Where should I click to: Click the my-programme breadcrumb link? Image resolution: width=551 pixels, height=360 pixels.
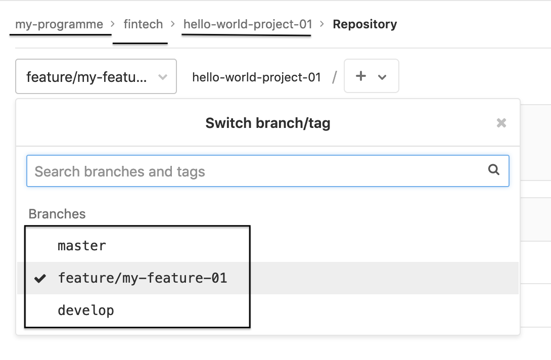point(59,24)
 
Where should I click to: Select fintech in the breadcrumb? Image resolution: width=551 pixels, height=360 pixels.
point(143,24)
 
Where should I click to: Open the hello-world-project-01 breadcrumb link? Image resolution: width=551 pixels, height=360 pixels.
point(248,24)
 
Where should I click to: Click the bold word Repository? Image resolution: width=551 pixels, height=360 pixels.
point(364,24)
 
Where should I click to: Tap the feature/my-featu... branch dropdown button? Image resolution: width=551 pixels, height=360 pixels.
point(96,77)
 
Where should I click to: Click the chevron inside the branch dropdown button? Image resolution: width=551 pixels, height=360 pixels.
point(163,77)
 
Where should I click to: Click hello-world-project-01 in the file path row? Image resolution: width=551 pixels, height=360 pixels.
point(257,77)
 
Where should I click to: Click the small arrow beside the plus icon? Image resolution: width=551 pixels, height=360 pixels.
point(383,77)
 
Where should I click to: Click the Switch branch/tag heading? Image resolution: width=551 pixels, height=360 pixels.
point(268,123)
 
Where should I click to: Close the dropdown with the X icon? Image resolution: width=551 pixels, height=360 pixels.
point(501,123)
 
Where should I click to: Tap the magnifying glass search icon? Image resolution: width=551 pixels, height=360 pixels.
point(494,170)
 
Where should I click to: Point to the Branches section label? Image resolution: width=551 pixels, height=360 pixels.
point(57,214)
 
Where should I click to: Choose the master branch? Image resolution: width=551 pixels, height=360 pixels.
point(82,246)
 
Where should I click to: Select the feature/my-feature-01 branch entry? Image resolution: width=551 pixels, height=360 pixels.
point(143,278)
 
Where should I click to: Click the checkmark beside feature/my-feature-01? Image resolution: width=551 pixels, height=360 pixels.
point(40,278)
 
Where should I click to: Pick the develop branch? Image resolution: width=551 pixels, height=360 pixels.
point(86,310)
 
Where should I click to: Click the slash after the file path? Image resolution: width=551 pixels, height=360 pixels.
point(334,77)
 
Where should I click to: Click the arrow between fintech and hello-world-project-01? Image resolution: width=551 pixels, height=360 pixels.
point(173,24)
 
